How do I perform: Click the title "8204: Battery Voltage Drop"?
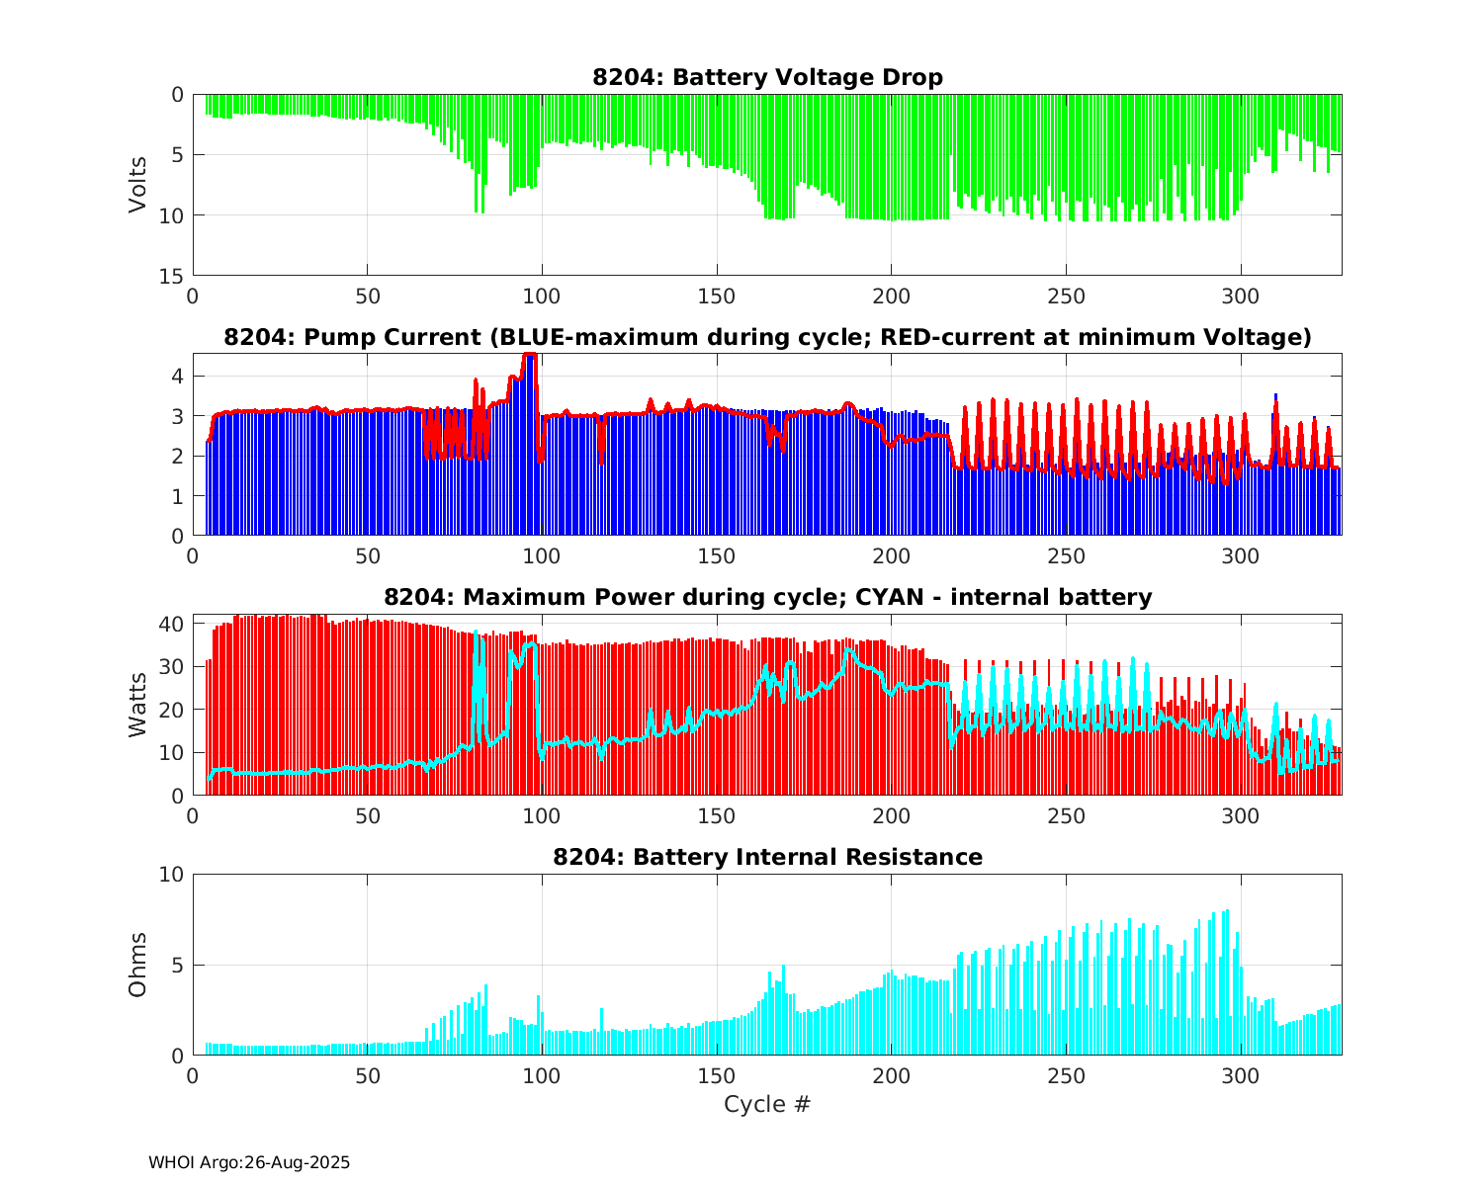pyautogui.click(x=767, y=77)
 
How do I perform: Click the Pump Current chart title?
pyautogui.click(x=767, y=337)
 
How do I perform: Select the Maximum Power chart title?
pyautogui.click(x=767, y=597)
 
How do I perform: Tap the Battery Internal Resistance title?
pyautogui.click(x=767, y=857)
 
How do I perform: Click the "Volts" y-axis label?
pyautogui.click(x=137, y=185)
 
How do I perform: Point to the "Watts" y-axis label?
pyautogui.click(x=137, y=704)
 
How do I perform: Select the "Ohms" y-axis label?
pyautogui.click(x=137, y=964)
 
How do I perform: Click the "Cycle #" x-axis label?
pyautogui.click(x=767, y=1104)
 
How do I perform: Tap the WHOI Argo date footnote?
pyautogui.click(x=249, y=1163)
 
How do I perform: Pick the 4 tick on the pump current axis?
pyautogui.click(x=178, y=376)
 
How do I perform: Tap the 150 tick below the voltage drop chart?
pyautogui.click(x=716, y=296)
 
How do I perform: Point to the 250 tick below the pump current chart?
pyautogui.click(x=1065, y=556)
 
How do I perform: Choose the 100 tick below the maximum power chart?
pyautogui.click(x=542, y=816)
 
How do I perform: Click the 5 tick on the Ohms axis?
pyautogui.click(x=178, y=965)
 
